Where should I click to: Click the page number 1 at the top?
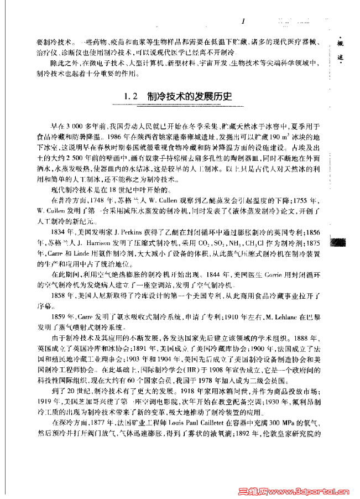pos(243,20)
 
